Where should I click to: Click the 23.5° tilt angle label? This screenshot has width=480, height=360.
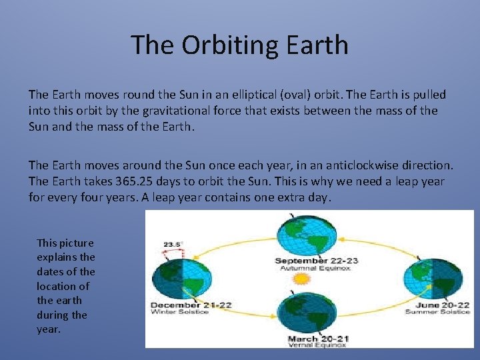pyautogui.click(x=173, y=244)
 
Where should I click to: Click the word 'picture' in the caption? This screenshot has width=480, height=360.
pyautogui.click(x=75, y=243)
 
